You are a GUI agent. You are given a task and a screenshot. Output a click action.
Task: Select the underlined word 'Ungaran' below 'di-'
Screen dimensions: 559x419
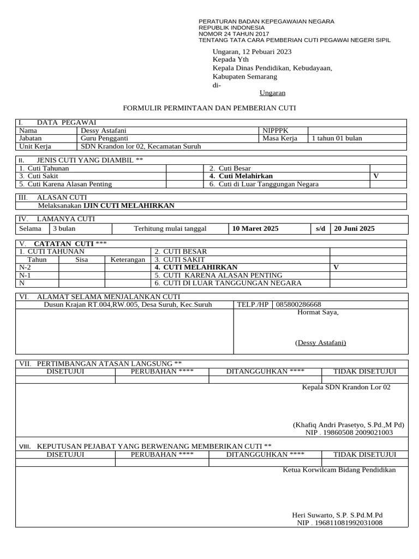(272, 93)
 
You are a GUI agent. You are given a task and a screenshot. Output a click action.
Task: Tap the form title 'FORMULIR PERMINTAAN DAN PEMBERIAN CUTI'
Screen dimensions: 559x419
(210, 108)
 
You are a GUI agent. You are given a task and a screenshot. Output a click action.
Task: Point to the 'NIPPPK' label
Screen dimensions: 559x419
(276, 131)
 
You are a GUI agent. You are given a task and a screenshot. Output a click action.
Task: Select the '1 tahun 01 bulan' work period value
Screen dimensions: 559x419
(337, 139)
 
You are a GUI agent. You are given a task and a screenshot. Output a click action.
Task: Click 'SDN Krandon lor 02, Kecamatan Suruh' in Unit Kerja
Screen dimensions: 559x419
(141, 146)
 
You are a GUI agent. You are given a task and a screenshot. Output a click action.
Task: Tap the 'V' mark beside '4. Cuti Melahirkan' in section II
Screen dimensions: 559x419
(375, 176)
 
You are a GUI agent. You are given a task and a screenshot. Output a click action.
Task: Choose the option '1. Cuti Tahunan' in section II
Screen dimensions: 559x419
(44, 169)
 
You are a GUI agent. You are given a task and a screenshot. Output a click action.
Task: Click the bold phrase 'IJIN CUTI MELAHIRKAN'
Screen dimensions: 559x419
(129, 206)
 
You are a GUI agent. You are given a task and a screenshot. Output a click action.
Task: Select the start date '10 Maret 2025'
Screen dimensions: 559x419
(255, 229)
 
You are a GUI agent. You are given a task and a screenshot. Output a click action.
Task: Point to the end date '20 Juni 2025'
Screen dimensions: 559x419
(354, 229)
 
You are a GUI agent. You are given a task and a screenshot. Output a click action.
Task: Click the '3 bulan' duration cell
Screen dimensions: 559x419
(64, 229)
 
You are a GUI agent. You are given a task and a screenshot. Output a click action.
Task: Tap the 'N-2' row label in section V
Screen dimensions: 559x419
(25, 267)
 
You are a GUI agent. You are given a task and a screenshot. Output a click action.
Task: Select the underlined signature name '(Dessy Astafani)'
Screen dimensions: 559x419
(320, 343)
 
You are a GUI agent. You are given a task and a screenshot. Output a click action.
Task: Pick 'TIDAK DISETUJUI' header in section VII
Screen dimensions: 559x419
(364, 372)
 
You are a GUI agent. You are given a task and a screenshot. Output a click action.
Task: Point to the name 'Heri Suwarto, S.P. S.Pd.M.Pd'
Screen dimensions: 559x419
(338, 515)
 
